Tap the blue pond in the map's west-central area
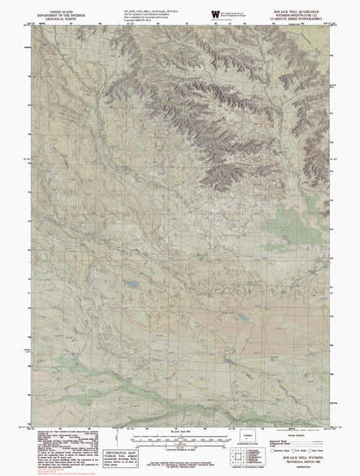click(132, 286)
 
